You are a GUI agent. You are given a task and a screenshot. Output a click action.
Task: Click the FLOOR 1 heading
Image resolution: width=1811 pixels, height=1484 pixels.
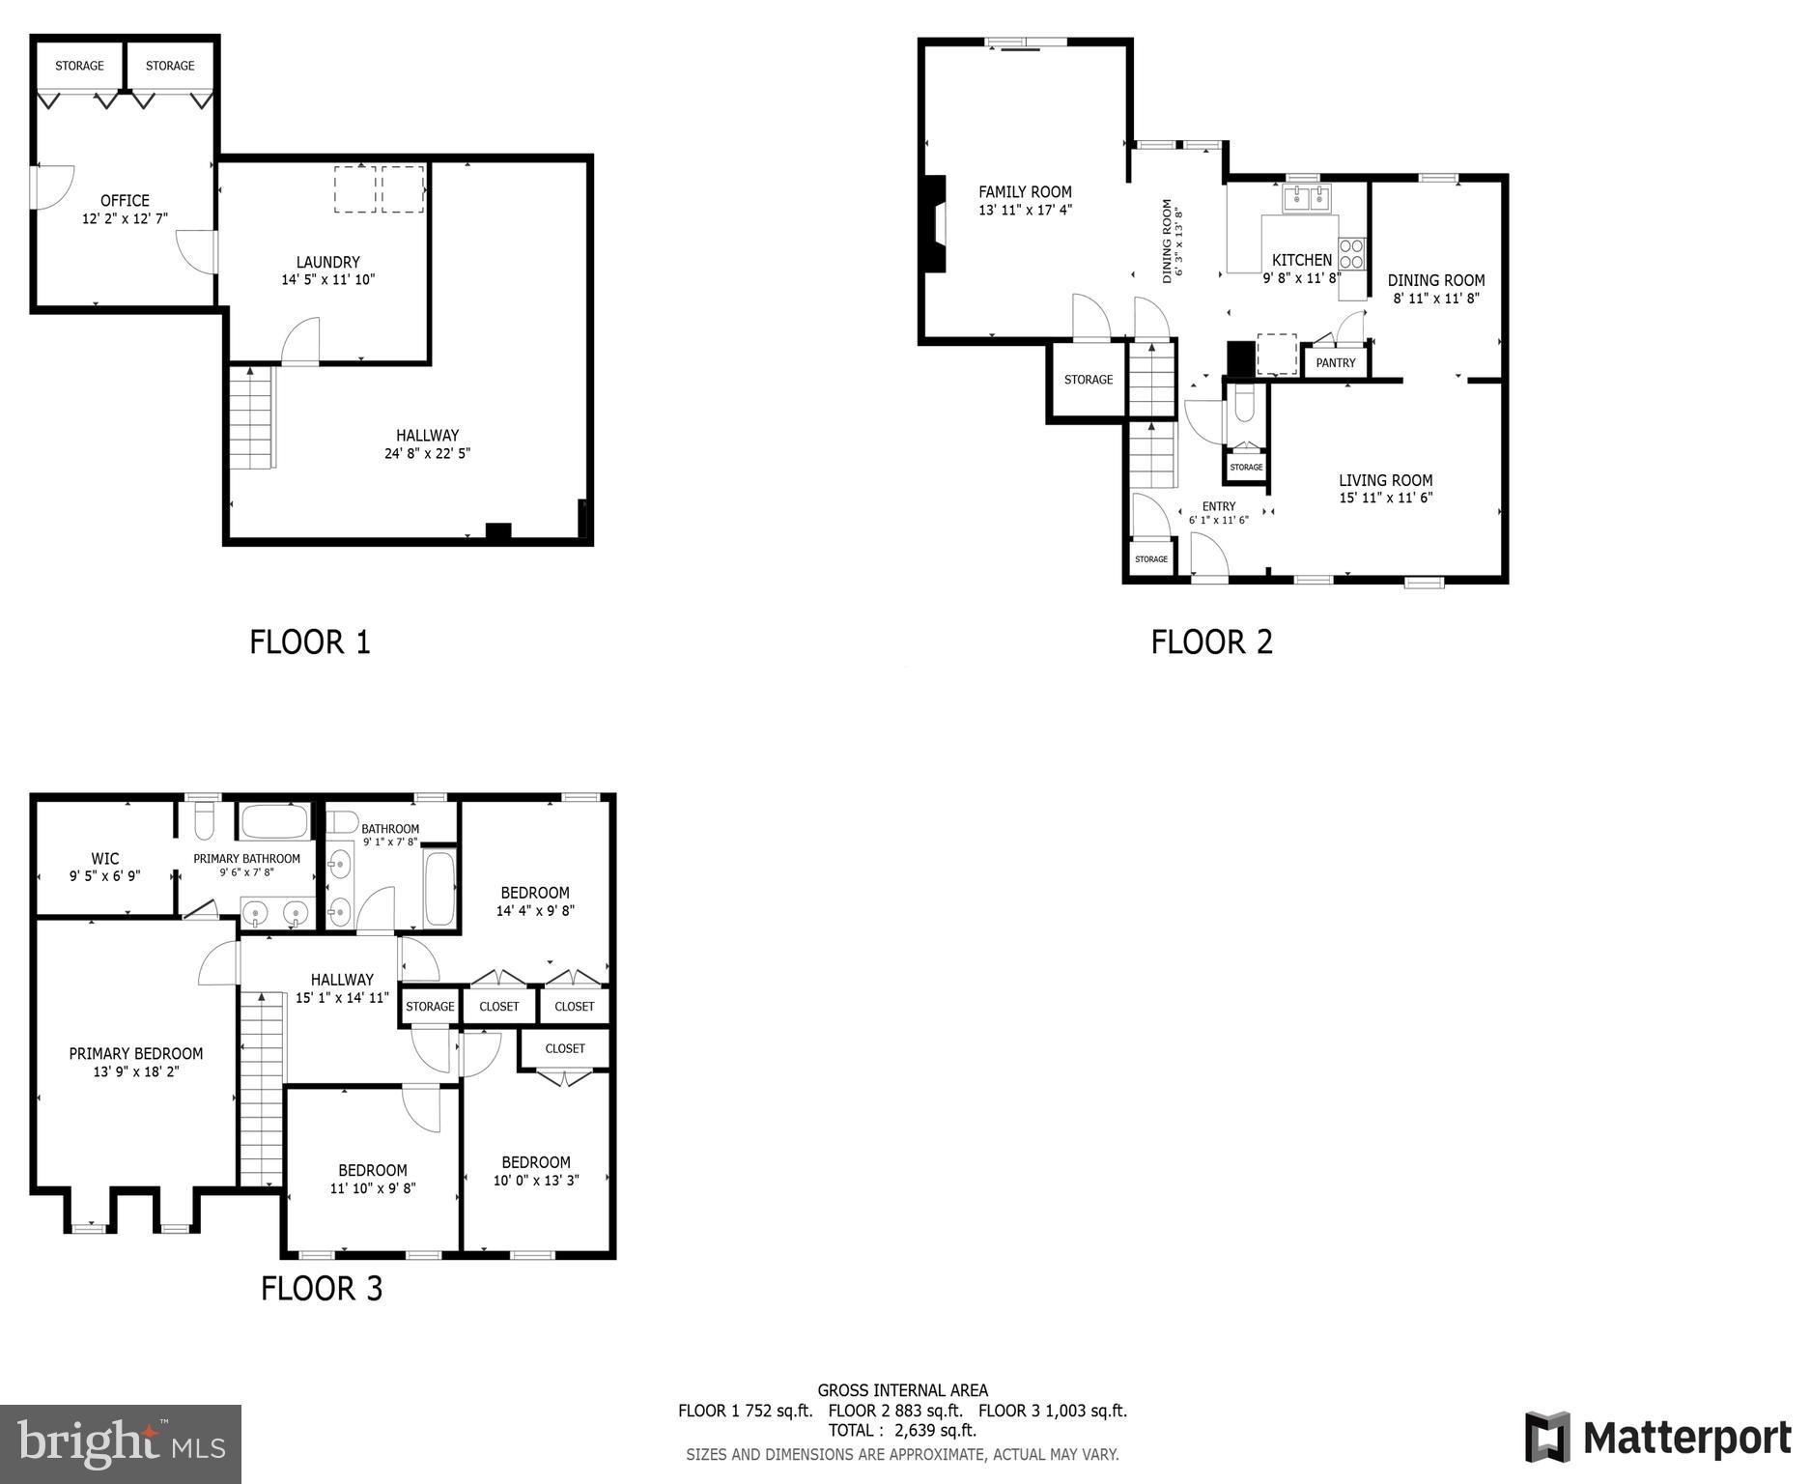(x=310, y=642)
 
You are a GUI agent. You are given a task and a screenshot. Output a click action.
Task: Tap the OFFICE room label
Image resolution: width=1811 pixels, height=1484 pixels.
(x=125, y=201)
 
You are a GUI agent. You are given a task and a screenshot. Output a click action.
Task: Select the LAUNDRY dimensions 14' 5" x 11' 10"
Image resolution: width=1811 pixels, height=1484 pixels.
(x=327, y=280)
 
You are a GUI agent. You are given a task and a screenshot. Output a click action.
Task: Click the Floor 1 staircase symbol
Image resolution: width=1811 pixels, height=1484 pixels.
(x=252, y=417)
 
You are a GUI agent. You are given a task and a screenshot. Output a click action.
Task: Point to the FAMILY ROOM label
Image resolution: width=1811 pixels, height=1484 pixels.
(x=1025, y=192)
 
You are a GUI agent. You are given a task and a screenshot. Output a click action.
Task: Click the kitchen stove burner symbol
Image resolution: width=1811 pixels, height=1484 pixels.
(x=1351, y=254)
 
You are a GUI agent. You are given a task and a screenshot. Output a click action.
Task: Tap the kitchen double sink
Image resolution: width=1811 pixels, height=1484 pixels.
(x=1306, y=200)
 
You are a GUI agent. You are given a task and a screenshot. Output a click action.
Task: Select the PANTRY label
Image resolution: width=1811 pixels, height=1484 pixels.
(x=1336, y=363)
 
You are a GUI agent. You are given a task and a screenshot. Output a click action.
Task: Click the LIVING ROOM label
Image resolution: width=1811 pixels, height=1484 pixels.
(x=1385, y=480)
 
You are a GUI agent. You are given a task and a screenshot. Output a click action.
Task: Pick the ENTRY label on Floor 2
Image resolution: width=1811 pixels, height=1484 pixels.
(x=1218, y=506)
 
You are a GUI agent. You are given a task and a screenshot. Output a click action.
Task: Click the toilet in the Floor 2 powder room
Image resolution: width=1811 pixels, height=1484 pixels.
(x=1244, y=404)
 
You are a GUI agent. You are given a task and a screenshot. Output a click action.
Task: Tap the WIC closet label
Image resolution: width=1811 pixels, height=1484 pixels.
(x=105, y=859)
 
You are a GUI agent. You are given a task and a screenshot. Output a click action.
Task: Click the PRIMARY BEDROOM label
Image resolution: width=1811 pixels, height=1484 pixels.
(x=136, y=1054)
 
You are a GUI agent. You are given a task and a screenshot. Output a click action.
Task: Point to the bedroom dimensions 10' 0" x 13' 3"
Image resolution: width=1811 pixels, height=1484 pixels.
(x=536, y=1181)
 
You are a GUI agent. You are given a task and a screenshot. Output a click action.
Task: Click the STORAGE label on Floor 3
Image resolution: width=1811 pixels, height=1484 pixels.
(x=430, y=1007)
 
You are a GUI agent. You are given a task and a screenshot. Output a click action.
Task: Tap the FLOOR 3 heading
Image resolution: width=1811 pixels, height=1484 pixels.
(x=322, y=1289)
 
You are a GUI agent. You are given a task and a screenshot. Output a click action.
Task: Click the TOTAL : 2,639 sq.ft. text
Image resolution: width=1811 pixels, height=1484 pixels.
(x=902, y=1430)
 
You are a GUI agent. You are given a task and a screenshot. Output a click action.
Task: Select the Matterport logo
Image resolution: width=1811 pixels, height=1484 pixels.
(x=1657, y=1437)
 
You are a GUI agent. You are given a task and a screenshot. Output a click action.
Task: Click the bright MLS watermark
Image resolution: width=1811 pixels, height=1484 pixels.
(x=121, y=1443)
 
